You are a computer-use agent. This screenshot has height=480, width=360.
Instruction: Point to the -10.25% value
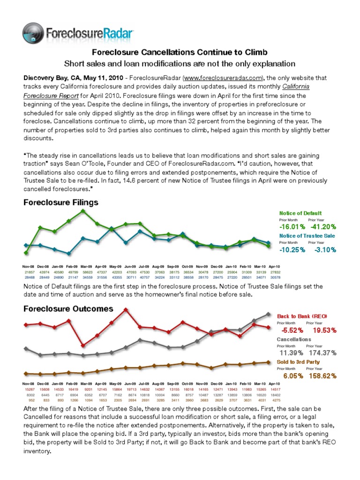pyautogui.click(x=292, y=250)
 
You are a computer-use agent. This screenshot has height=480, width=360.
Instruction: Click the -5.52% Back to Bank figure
pyautogui.click(x=292, y=330)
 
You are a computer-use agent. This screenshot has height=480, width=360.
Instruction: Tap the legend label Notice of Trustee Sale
pyautogui.click(x=307, y=235)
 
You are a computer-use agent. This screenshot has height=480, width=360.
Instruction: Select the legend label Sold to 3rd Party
pyautogui.click(x=299, y=362)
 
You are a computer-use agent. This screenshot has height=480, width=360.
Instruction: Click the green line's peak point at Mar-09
pyautogui.click(x=83, y=211)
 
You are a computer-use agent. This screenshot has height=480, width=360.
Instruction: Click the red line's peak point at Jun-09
pyautogui.click(x=126, y=309)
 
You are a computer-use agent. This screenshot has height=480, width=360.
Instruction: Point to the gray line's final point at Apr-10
pyautogui.click(x=268, y=314)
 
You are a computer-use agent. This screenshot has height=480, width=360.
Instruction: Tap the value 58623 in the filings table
pyautogui.click(x=83, y=272)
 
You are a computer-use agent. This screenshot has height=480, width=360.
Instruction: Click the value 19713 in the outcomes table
pyautogui.click(x=126, y=389)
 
